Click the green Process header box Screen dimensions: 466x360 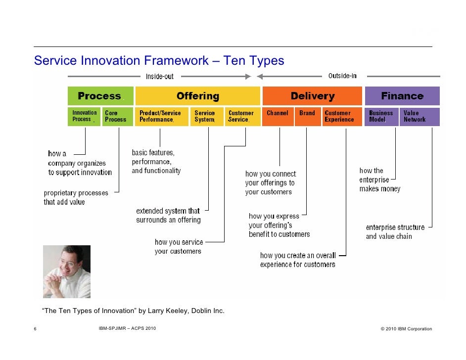pos(100,96)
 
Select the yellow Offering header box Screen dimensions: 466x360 pos(198,96)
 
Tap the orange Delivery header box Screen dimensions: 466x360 pos(312,96)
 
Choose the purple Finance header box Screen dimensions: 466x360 pos(402,96)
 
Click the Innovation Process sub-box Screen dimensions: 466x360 pos(84,117)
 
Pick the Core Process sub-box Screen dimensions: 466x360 pos(118,117)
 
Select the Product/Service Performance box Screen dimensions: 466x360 pos(162,117)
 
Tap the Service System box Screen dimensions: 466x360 pos(207,117)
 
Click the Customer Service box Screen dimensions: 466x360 pos(243,117)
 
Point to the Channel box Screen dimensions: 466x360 pos(278,117)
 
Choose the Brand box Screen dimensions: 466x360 pos(308,117)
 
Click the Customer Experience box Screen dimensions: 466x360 pos(342,117)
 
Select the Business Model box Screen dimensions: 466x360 pos(381,117)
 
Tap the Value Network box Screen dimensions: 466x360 pos(419,117)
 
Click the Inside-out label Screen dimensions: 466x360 pos(160,77)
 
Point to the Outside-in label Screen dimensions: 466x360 pos(342,76)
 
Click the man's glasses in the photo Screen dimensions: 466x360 pos(68,263)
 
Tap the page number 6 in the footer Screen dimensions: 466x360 pos(35,329)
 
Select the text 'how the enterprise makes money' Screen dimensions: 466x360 pos(380,180)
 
